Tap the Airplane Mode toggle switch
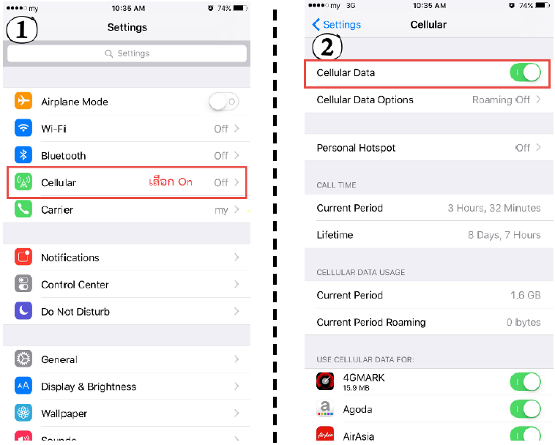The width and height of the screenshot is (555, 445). pyautogui.click(x=224, y=102)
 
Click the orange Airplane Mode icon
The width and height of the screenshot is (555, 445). pyautogui.click(x=23, y=101)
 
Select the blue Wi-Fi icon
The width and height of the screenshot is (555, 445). pyautogui.click(x=23, y=127)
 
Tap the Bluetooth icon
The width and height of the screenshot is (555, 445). pyautogui.click(x=23, y=154)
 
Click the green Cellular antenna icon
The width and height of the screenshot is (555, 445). pyautogui.click(x=23, y=182)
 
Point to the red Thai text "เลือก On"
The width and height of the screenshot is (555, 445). pyautogui.click(x=171, y=182)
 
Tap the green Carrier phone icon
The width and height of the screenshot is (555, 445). pyautogui.click(x=23, y=209)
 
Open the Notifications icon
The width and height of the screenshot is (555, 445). pyautogui.click(x=23, y=257)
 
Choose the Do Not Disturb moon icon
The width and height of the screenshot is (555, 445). pyautogui.click(x=23, y=311)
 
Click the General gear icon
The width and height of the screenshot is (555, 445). pyautogui.click(x=23, y=359)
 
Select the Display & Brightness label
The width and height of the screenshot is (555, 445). pyautogui.click(x=89, y=386)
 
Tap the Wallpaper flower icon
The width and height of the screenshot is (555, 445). pyautogui.click(x=23, y=413)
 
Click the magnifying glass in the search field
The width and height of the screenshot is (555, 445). pyautogui.click(x=108, y=53)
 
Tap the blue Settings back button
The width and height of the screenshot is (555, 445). pyautogui.click(x=337, y=24)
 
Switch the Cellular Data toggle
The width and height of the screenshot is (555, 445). pyautogui.click(x=525, y=72)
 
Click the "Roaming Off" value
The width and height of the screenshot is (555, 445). pyautogui.click(x=501, y=100)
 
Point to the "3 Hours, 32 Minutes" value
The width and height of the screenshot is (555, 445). pyautogui.click(x=494, y=208)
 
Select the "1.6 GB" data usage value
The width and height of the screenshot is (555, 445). pyautogui.click(x=526, y=295)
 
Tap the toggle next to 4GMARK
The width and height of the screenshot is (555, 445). pyautogui.click(x=525, y=382)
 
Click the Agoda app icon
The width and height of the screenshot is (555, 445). pyautogui.click(x=325, y=408)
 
